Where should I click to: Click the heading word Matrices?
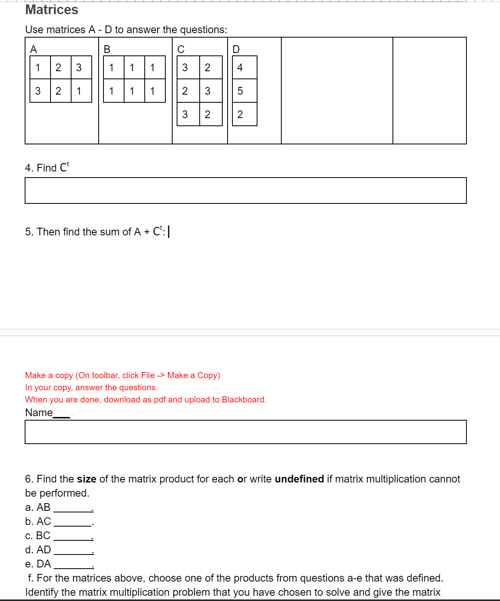click(52, 10)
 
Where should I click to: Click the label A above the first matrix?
click(34, 49)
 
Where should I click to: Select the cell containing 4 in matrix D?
click(245, 68)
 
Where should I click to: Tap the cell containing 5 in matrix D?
click(245, 91)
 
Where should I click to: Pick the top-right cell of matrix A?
click(81, 68)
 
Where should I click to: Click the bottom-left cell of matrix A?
click(40, 91)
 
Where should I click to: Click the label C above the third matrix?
click(181, 49)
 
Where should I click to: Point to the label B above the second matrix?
click(107, 49)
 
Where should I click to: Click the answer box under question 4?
click(245, 190)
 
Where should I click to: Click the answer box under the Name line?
click(245, 432)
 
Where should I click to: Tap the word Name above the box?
click(39, 413)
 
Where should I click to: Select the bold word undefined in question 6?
click(299, 479)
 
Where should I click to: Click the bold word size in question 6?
click(86, 479)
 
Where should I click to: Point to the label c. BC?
click(38, 535)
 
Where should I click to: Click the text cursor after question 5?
click(169, 232)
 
